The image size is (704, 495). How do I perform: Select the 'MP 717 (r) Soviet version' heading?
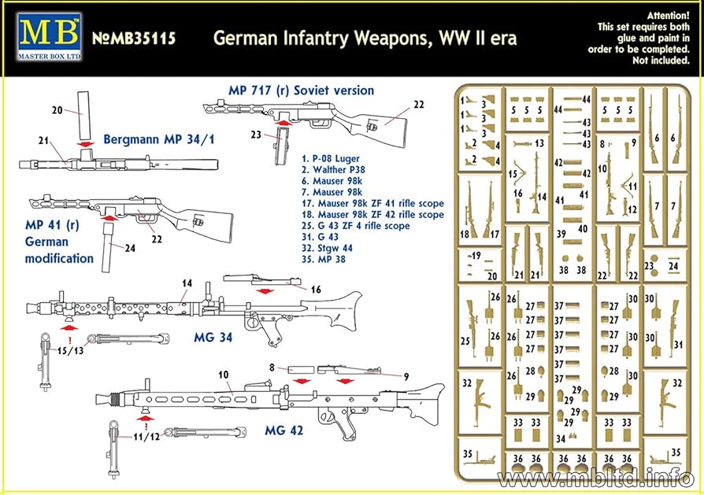301,91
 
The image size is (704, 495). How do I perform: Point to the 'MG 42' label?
284,430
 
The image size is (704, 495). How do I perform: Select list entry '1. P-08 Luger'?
330,158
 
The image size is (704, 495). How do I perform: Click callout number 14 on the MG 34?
187,284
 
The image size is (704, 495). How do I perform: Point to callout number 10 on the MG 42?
223,374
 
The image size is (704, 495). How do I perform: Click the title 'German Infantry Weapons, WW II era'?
366,38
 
